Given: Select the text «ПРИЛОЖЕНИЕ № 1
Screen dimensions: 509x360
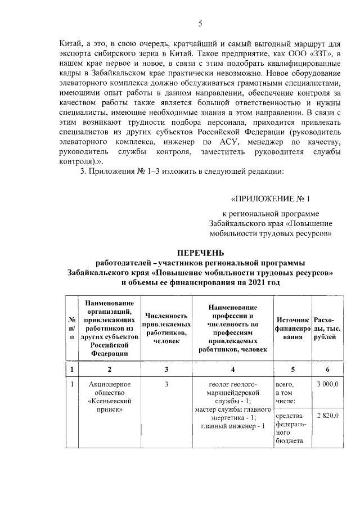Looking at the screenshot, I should (x=271, y=199).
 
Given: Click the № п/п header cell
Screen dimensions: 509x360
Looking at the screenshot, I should (x=72, y=328).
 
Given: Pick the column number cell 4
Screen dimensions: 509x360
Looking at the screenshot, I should (x=232, y=369).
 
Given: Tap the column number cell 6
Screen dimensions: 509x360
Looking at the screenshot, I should (x=327, y=369).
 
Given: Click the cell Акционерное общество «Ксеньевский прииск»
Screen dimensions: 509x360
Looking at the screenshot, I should (x=109, y=397).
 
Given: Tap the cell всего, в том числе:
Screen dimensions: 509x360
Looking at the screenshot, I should (x=289, y=393).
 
